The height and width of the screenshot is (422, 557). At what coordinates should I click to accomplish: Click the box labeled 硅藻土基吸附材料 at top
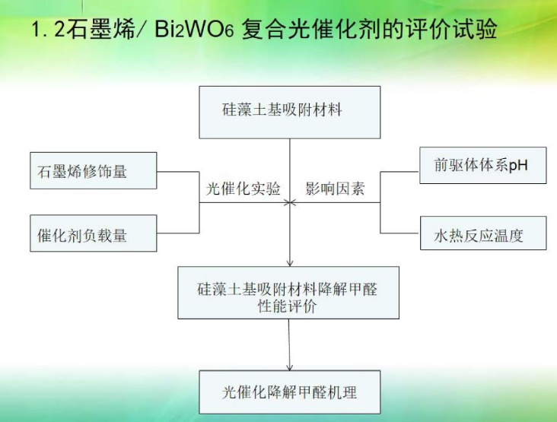click(x=289, y=112)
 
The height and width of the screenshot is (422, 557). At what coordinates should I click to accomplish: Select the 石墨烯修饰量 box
click(x=92, y=171)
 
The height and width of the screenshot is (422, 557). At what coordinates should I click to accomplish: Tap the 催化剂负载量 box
click(x=92, y=233)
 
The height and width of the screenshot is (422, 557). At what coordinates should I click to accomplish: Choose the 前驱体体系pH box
click(x=482, y=165)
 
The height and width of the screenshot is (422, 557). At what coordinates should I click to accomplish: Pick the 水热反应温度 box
click(x=482, y=233)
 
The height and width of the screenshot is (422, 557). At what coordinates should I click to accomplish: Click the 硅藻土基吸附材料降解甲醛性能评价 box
click(x=288, y=292)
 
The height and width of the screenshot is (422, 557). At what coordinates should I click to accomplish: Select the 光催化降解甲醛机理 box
click(x=289, y=392)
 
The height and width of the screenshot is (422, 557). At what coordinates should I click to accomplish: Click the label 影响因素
click(x=335, y=189)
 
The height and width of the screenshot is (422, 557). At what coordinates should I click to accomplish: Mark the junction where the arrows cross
click(x=289, y=202)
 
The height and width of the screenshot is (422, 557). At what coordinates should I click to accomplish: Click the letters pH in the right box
click(x=518, y=165)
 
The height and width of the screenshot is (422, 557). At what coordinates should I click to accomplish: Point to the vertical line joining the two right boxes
click(x=380, y=202)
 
